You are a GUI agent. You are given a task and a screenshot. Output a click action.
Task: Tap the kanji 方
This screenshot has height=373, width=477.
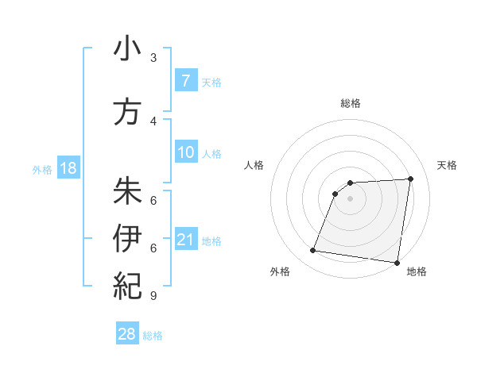(x=127, y=112)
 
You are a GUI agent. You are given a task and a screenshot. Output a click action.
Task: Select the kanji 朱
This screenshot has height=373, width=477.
(x=127, y=190)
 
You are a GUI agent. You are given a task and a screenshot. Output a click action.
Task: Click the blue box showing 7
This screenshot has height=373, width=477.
(x=185, y=80)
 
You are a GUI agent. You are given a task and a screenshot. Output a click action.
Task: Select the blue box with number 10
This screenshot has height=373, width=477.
(x=185, y=152)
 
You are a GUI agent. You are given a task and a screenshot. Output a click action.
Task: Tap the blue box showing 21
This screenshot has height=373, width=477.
(x=185, y=239)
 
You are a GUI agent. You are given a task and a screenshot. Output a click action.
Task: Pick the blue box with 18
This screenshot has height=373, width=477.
(x=68, y=168)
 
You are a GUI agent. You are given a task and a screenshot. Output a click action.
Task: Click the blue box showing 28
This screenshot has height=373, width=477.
(x=127, y=335)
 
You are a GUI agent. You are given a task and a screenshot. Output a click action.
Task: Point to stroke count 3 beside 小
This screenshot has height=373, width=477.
(x=153, y=58)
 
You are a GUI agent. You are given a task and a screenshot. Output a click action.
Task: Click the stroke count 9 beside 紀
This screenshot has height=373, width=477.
(x=153, y=296)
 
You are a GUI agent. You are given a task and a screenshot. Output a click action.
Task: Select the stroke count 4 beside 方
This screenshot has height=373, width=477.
(x=153, y=121)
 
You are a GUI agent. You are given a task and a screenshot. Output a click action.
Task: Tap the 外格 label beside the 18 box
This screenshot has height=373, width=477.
(x=42, y=169)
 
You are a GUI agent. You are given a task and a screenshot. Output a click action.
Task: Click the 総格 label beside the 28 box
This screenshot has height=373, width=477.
(x=153, y=336)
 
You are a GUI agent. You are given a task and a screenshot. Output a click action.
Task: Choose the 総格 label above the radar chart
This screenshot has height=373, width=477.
(x=350, y=104)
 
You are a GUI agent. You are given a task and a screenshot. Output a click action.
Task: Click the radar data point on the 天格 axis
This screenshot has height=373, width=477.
(x=410, y=179)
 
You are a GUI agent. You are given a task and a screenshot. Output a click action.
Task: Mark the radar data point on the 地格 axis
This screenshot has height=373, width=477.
(x=397, y=263)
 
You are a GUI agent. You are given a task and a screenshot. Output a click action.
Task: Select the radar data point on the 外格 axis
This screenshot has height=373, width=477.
(x=313, y=251)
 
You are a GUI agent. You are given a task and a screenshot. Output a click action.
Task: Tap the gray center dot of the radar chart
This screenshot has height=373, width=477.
(x=350, y=199)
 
